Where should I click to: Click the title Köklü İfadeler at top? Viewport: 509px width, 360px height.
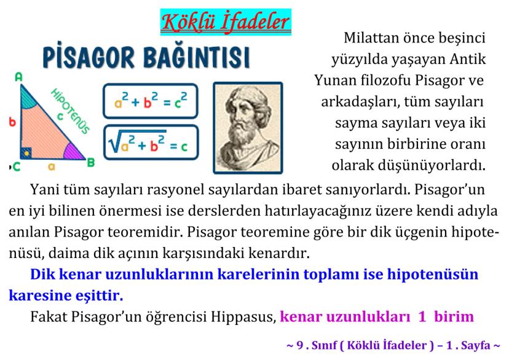click(226, 22)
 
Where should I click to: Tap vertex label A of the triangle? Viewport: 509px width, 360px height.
click(19, 77)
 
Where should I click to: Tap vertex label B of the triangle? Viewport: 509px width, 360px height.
click(91, 162)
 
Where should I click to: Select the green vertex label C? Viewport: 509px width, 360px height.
click(17, 166)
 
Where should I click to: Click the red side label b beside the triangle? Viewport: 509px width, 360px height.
click(12, 122)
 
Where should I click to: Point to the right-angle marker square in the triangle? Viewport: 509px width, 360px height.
click(26, 153)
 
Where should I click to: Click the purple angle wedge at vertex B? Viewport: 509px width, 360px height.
click(73, 152)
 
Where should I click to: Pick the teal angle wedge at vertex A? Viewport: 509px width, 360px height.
click(28, 97)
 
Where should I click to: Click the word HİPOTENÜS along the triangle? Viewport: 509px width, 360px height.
click(70, 111)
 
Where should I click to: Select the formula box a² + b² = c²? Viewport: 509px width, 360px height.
click(150, 101)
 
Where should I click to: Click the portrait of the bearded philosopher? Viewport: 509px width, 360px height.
click(248, 128)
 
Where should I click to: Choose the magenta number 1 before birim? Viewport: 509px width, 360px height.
click(422, 316)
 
